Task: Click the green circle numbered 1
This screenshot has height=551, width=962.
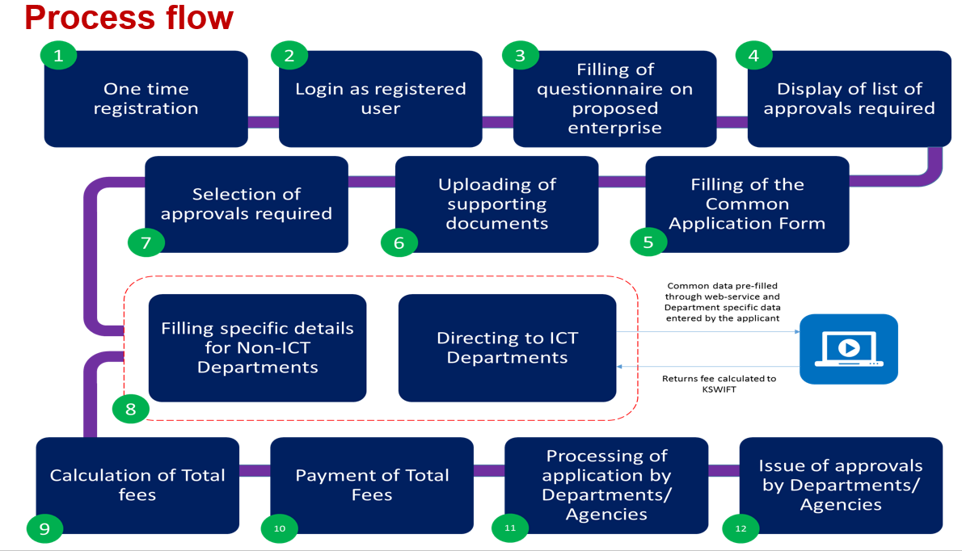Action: [57, 55]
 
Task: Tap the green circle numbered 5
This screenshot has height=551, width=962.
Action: [648, 241]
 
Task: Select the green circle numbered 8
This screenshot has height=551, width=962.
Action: [131, 410]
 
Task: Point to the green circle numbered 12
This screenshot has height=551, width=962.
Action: [741, 528]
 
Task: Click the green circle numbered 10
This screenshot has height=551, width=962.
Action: [280, 528]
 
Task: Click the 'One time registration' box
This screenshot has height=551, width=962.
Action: [146, 99]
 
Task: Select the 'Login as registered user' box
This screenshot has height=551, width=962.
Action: [380, 99]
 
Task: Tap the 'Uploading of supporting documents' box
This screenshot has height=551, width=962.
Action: [496, 204]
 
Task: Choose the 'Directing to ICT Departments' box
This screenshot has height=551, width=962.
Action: [507, 347]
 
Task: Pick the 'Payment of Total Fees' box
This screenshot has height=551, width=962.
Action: [372, 485]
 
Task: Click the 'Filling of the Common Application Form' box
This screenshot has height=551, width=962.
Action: [747, 204]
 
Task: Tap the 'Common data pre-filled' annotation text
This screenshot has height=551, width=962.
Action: [722, 286]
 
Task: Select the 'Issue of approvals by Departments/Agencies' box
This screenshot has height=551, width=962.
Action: [841, 485]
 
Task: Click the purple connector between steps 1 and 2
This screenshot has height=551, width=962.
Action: [263, 122]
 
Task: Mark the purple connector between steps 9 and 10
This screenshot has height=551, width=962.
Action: [255, 471]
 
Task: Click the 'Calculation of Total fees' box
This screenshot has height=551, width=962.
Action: [137, 485]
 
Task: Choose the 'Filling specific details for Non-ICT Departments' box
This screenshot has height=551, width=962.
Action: [257, 347]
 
